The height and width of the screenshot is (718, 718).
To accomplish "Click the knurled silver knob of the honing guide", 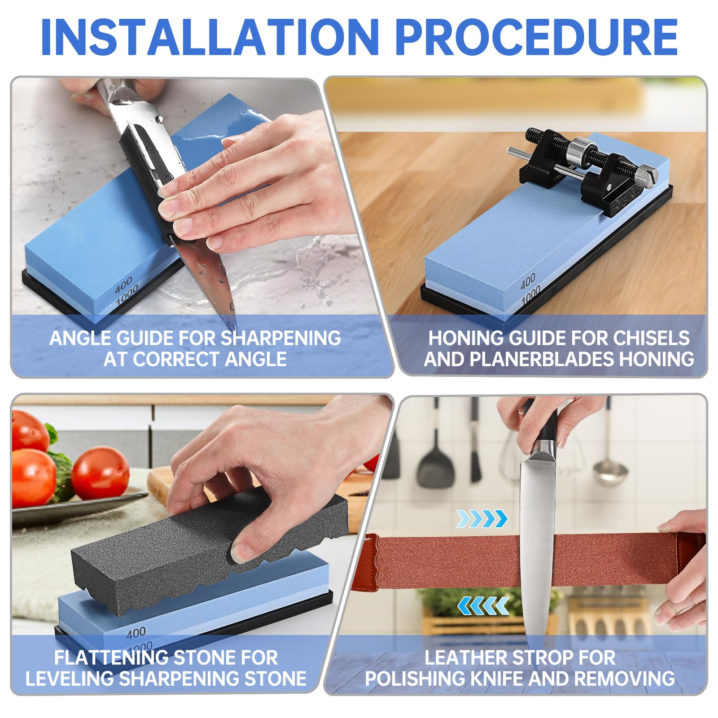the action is pyautogui.click(x=646, y=174).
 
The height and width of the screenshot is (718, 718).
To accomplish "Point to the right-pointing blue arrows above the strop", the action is pyautogui.click(x=482, y=519).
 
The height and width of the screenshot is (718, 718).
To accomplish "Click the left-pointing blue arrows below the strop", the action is pyautogui.click(x=483, y=606).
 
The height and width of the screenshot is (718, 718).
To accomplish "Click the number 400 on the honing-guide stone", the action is pyautogui.click(x=528, y=281).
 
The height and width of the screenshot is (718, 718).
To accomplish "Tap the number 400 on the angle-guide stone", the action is pyautogui.click(x=123, y=285).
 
